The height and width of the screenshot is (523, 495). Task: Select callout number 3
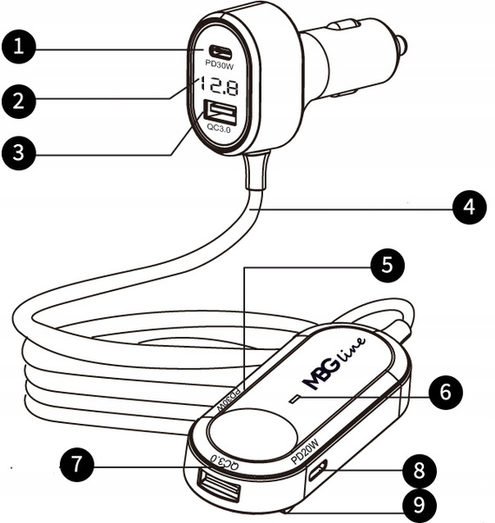point(19,153)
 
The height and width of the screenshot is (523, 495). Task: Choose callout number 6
point(445,393)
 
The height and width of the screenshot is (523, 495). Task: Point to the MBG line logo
point(333,359)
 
